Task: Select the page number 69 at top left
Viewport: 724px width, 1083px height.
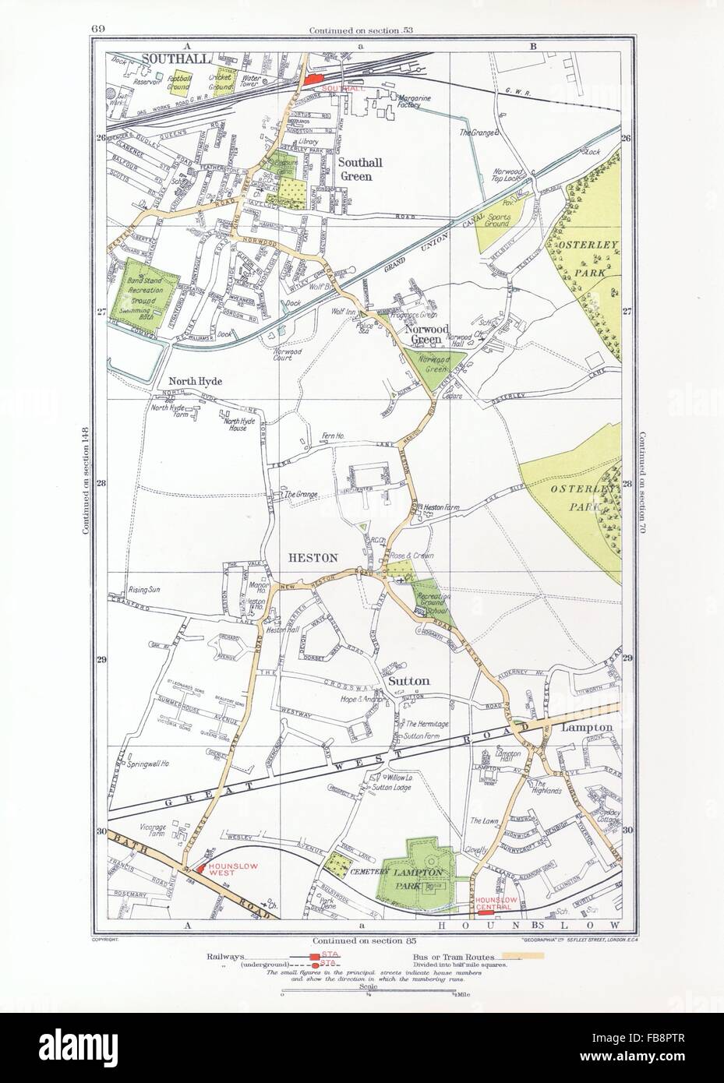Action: point(98,9)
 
